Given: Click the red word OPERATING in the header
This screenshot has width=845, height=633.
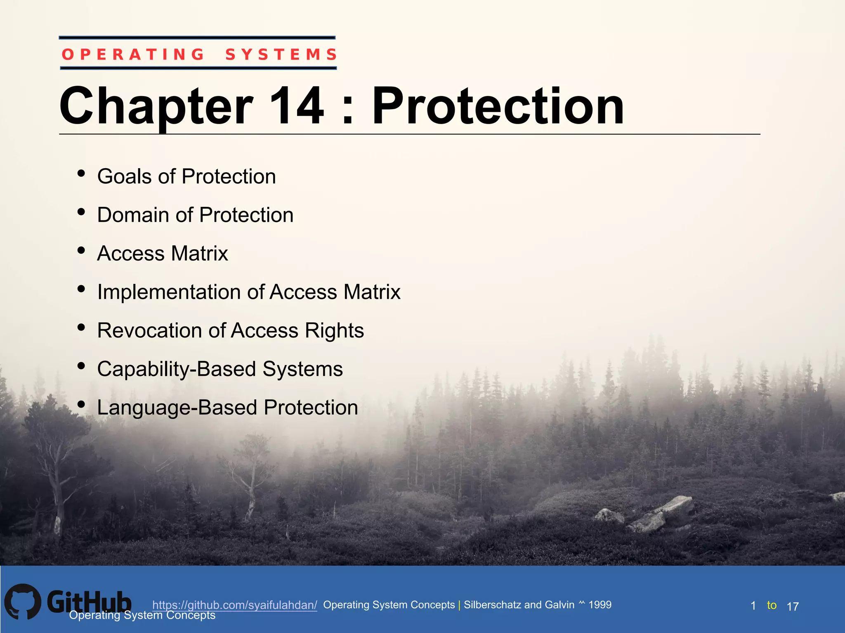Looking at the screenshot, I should (133, 54).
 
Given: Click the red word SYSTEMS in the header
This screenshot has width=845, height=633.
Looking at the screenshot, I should (281, 54).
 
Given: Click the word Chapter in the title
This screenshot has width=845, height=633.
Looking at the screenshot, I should (156, 106).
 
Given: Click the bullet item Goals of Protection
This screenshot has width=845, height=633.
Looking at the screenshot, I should (186, 176).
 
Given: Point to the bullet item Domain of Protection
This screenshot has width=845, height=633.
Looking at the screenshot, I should (195, 215).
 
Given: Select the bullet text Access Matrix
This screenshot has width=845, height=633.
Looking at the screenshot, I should (163, 253).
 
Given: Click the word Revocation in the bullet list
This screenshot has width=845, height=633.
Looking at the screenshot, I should (149, 331).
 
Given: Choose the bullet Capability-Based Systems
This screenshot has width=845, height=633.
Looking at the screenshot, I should (220, 369).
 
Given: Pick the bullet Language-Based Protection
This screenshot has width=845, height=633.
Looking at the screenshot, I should (227, 408).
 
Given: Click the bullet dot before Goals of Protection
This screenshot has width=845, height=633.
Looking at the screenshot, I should (81, 173).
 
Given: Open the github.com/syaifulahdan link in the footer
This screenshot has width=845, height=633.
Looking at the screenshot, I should (234, 605).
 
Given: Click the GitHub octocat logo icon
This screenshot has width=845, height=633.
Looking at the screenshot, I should (23, 602).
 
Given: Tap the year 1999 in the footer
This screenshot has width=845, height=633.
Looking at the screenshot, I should (600, 605).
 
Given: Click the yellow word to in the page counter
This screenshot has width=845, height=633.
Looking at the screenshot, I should (772, 605).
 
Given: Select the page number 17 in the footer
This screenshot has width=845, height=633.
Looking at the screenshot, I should (793, 607).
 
